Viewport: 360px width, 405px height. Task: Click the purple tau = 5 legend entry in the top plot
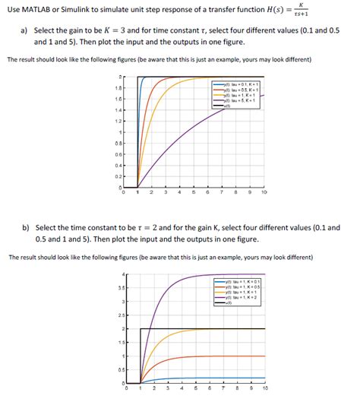click(240, 100)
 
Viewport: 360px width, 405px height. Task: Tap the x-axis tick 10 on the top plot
click(264, 193)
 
